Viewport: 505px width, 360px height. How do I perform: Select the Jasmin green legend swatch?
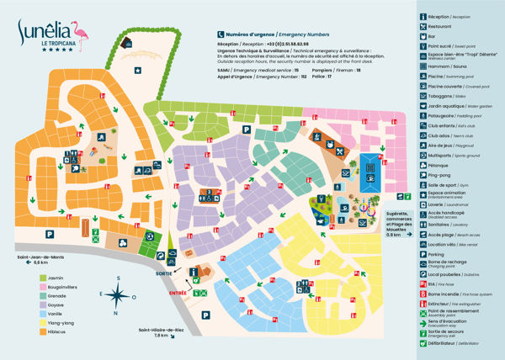click(41, 275)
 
